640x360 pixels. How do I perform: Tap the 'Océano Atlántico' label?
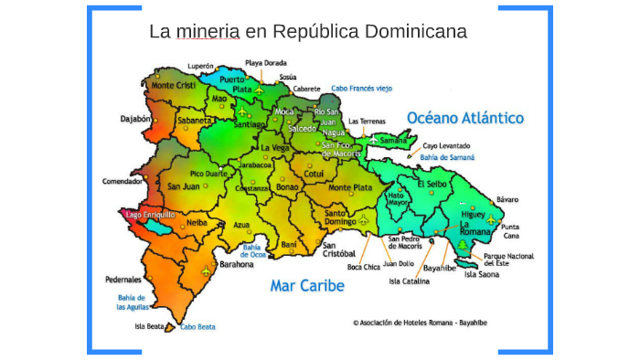(465, 118)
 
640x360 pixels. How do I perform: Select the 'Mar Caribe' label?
(307, 286)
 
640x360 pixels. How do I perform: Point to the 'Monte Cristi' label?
(174, 85)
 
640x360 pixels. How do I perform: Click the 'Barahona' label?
(237, 264)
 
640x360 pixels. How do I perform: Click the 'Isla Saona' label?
(482, 274)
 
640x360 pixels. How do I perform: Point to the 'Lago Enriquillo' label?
(150, 215)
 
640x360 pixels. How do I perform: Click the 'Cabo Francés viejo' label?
(361, 88)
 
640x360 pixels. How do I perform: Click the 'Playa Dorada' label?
(266, 63)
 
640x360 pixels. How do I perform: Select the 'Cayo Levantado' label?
(446, 146)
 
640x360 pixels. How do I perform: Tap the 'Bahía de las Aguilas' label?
(131, 303)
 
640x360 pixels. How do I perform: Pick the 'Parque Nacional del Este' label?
(507, 260)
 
